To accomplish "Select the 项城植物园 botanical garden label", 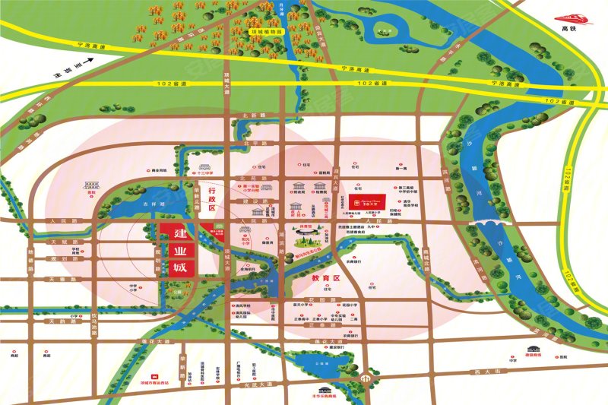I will (x=267, y=33).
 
